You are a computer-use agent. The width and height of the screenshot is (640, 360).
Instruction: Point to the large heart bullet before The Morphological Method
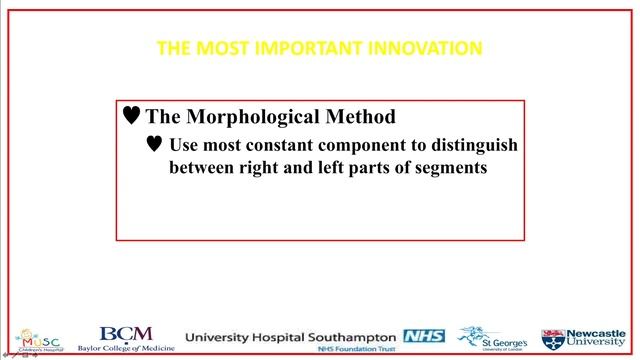point(131,116)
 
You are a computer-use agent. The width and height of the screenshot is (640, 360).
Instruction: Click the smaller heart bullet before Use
point(154,144)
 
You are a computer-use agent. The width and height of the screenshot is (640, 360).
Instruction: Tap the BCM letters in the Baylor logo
point(127,333)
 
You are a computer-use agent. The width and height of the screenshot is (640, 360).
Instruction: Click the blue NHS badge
point(423,335)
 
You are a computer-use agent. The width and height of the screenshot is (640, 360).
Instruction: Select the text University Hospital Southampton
point(292,336)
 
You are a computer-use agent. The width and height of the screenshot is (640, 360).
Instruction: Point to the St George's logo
point(487,338)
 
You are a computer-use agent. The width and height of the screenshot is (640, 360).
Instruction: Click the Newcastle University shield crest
point(553,338)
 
